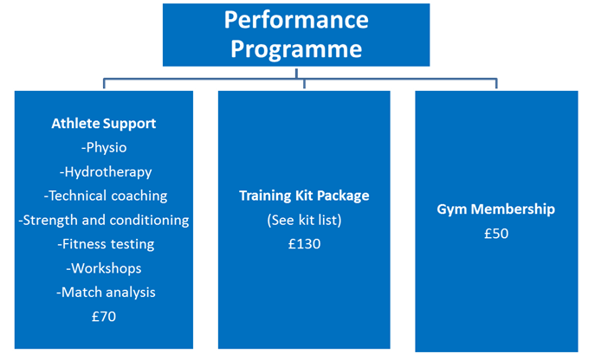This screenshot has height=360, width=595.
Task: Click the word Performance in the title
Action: click(296, 20)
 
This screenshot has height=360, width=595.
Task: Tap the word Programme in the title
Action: click(296, 49)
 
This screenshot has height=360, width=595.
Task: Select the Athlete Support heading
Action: click(104, 124)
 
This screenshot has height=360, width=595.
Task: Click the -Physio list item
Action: click(104, 148)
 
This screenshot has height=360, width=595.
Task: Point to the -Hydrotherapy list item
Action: click(106, 172)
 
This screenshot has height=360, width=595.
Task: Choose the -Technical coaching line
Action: click(106, 196)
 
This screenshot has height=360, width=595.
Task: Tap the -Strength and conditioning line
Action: click(104, 221)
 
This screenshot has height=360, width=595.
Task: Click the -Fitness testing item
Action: click(106, 244)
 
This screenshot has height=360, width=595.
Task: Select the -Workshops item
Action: click(104, 268)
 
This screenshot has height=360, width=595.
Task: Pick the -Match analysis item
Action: click(106, 292)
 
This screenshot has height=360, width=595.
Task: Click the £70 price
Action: click(104, 317)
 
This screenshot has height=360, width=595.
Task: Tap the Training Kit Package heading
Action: click(304, 196)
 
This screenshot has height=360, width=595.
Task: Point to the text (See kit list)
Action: click(304, 220)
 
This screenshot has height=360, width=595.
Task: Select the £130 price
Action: click(304, 244)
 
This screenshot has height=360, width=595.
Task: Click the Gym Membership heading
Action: click(495, 209)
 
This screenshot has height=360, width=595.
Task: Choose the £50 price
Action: click(496, 234)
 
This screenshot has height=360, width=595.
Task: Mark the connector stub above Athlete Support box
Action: click(104, 83)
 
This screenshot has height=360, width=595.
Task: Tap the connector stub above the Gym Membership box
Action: click(496, 83)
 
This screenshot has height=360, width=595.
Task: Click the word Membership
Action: click(513, 209)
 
